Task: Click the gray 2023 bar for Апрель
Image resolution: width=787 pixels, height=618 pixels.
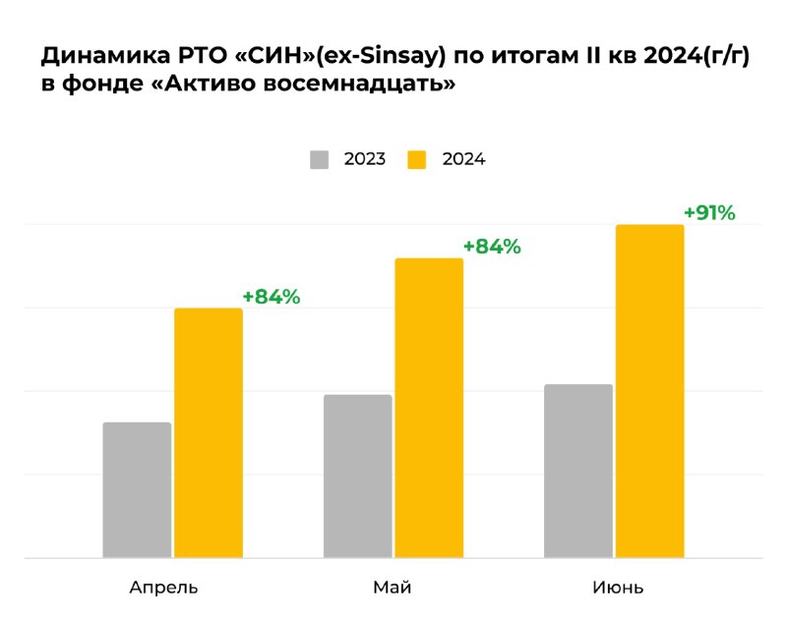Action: coord(137,490)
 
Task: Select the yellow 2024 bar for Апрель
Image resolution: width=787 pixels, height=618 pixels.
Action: coord(209,433)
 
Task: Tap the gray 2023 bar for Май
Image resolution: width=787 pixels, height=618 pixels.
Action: coord(357,477)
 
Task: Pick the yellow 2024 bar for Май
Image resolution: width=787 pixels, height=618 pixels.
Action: coord(429,408)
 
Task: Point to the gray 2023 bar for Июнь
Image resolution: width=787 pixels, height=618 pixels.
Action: coord(578,471)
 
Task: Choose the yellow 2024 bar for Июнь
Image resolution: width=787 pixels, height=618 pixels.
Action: coord(650,391)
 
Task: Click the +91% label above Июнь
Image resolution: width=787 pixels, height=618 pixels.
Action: coord(709,212)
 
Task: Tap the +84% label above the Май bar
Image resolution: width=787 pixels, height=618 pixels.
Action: coord(492,247)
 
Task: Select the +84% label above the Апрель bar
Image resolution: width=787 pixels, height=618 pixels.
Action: coord(271,297)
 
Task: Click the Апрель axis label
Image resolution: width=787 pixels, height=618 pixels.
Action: coord(163,589)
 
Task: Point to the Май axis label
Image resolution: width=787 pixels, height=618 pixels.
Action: coord(392,588)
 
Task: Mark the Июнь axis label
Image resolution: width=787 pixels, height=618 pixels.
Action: coord(618,588)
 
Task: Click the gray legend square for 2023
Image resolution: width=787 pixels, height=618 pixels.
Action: coord(319,159)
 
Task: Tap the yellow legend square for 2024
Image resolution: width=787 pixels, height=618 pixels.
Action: coord(417,159)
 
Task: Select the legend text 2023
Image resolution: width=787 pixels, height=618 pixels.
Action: coord(364,159)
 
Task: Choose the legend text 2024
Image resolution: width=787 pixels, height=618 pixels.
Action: coord(463,159)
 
